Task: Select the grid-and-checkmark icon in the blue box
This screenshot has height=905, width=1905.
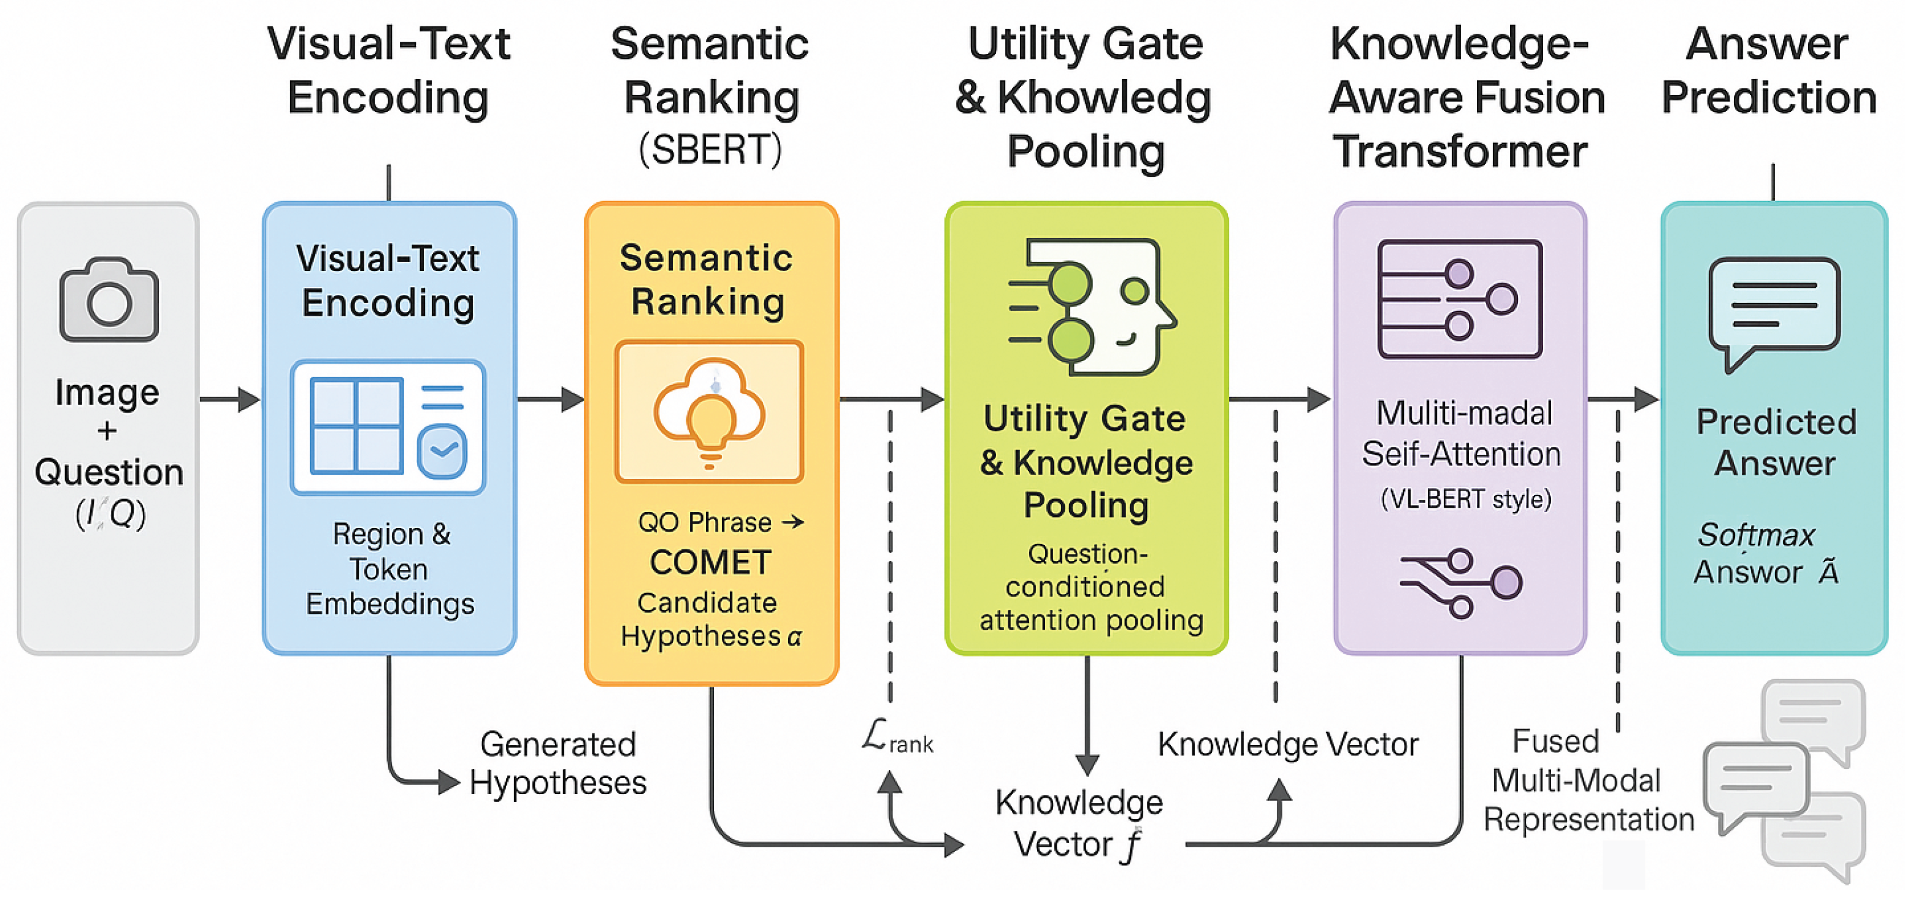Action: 388,427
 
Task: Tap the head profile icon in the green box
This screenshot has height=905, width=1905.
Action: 1092,307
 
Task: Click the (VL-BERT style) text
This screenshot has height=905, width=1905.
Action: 1465,500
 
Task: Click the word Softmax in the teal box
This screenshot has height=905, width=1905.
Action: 1755,535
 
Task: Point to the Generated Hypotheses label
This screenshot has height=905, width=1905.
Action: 558,763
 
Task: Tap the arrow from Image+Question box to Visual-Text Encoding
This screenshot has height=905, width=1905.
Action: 230,399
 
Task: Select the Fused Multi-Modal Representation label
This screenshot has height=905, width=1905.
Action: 1588,781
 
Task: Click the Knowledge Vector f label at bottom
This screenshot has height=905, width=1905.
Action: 1078,823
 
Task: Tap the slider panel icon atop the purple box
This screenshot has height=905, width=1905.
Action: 1459,299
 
